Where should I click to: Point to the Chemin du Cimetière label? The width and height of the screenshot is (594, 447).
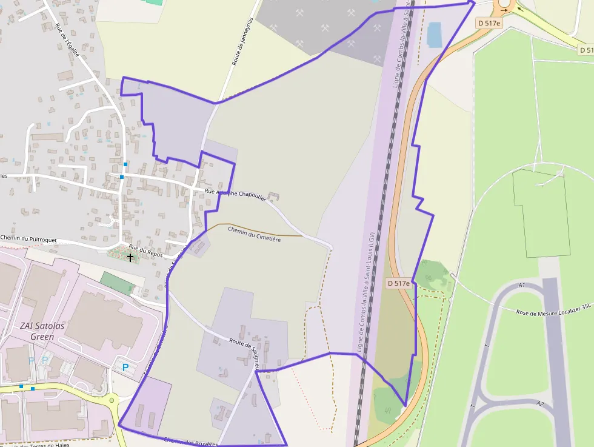pyautogui.click(x=254, y=234)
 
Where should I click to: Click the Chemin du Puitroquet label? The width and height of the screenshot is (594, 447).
pyautogui.click(x=28, y=240)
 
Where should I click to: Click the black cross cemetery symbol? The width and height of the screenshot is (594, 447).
pyautogui.click(x=130, y=258)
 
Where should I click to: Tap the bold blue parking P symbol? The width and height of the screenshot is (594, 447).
pyautogui.click(x=125, y=367)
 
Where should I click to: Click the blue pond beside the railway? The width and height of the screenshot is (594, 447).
pyautogui.click(x=434, y=35)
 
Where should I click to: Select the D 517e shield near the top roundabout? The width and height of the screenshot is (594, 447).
pyautogui.click(x=489, y=24)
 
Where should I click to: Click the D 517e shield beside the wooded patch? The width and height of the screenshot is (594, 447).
pyautogui.click(x=399, y=283)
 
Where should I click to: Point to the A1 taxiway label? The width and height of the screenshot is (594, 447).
pyautogui.click(x=522, y=285)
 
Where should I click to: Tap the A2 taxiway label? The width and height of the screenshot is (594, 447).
pyautogui.click(x=540, y=403)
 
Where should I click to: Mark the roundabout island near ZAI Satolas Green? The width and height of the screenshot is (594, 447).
pyautogui.click(x=111, y=400)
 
